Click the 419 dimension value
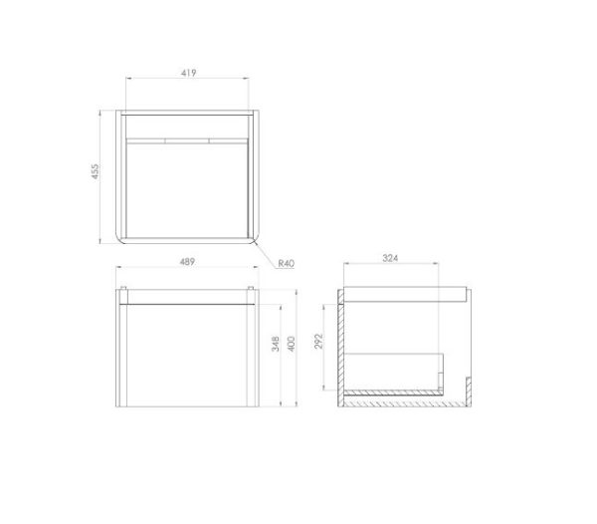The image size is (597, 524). point(188,73)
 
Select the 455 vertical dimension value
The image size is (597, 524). point(95,171)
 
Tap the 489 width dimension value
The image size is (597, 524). point(187,261)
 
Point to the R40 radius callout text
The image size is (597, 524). point(287,263)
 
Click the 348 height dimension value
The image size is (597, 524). point(276,344)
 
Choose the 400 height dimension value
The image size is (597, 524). point(291,344)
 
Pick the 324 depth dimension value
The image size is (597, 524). point(390,258)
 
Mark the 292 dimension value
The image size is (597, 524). point(318,342)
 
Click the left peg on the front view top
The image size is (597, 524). point(123,288)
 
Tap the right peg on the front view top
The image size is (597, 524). point(251,288)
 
